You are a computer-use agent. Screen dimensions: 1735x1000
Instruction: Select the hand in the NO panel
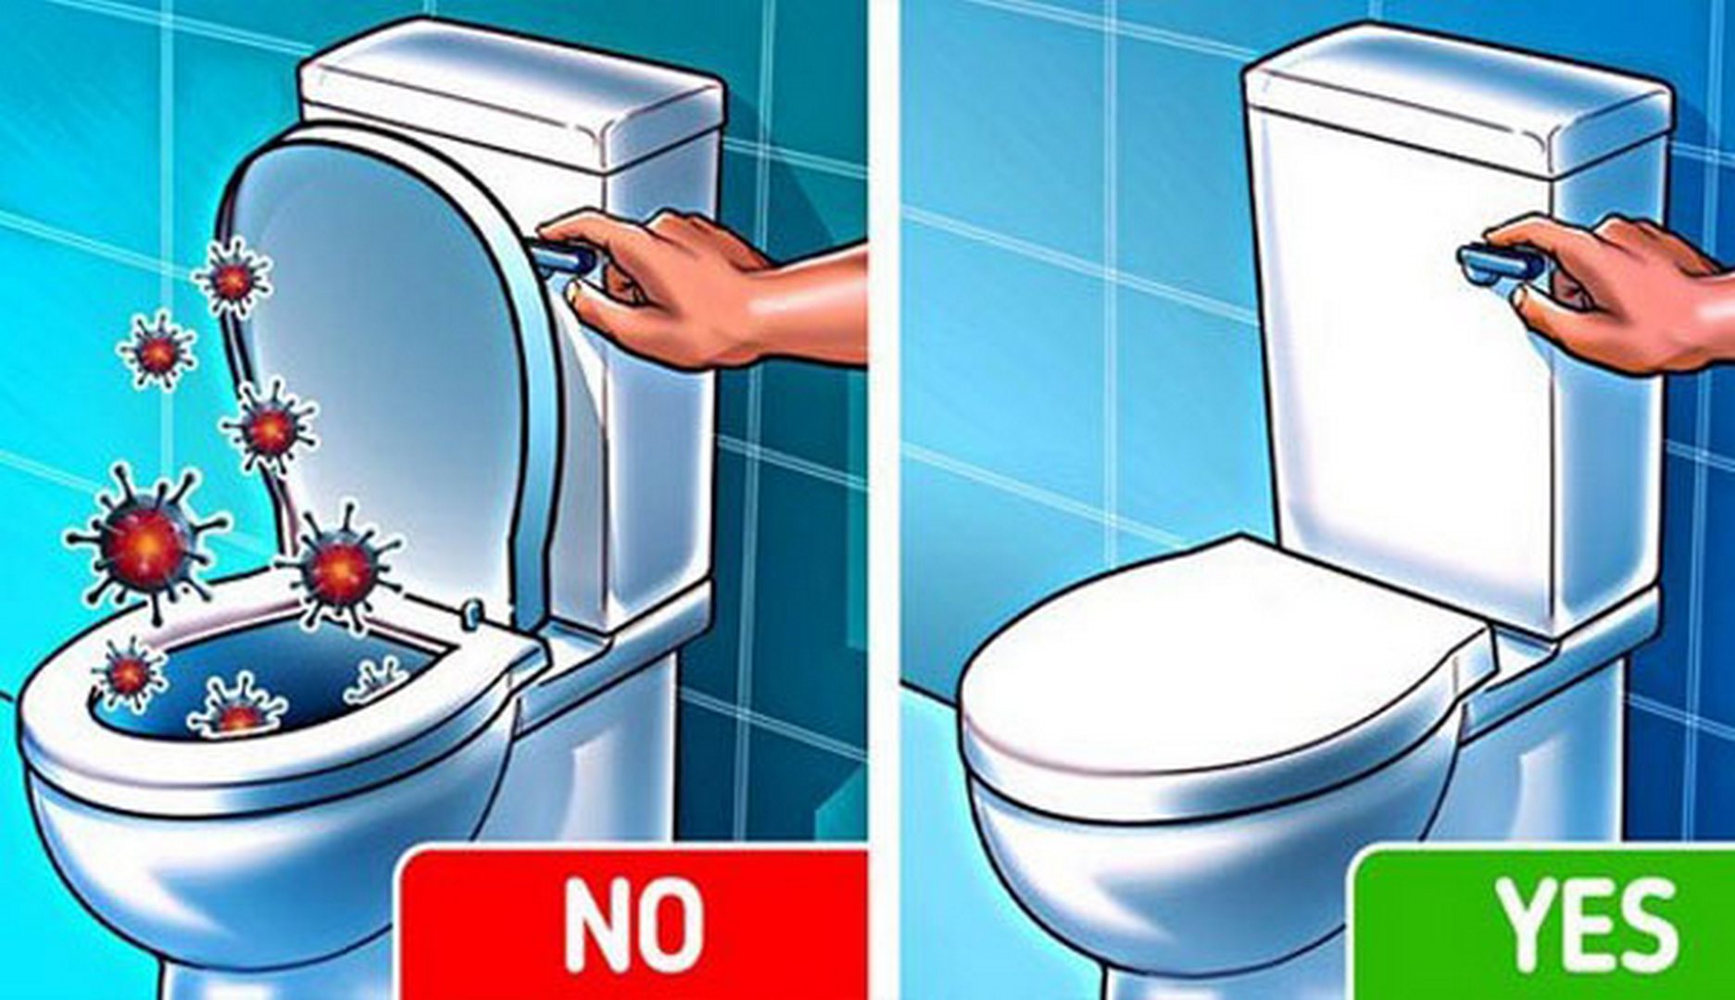point(704,287)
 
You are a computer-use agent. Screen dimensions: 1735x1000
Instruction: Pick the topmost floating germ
point(233,277)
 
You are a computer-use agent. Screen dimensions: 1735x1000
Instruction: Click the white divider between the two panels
point(884,500)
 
